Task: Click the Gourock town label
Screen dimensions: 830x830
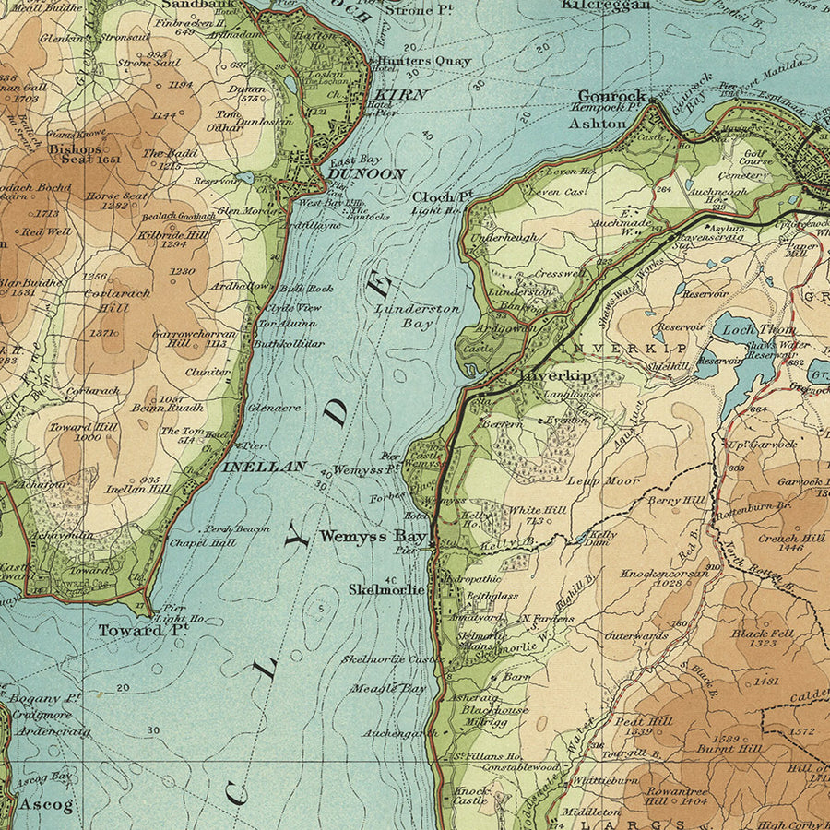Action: coord(611,96)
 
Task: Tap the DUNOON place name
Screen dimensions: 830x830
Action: coord(368,173)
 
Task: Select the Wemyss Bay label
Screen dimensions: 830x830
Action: coord(373,536)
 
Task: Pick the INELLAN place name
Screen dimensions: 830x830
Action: coord(264,468)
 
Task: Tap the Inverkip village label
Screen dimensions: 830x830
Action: coord(555,376)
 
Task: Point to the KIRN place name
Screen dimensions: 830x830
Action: coord(400,95)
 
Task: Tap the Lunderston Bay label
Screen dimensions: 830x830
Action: coord(417,315)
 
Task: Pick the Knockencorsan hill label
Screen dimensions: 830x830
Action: coord(664,573)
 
